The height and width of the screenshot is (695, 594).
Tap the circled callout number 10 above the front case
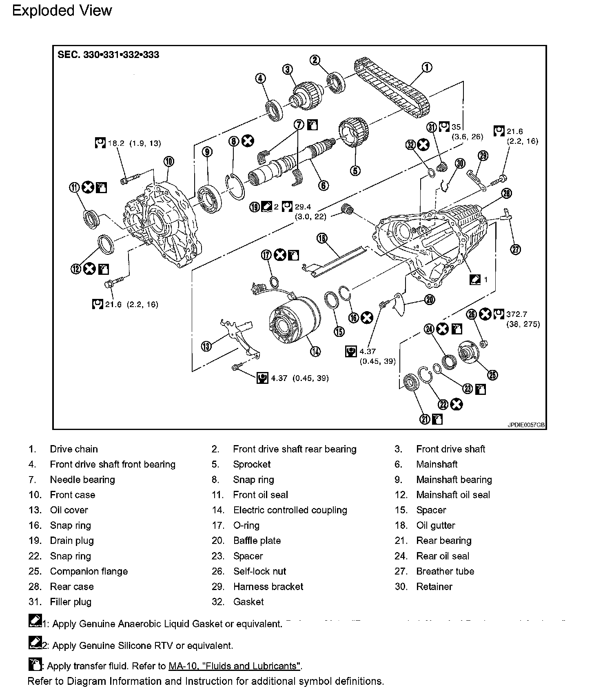pyautogui.click(x=168, y=162)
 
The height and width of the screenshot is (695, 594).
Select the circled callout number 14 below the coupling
pyautogui.click(x=315, y=351)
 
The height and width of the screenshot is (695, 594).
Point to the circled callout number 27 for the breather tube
pyautogui.click(x=516, y=249)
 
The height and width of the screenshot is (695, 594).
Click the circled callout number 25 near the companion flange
pyautogui.click(x=493, y=375)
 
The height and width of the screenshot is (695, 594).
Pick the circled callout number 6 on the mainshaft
pyautogui.click(x=323, y=185)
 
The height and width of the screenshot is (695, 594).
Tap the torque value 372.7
pyautogui.click(x=516, y=314)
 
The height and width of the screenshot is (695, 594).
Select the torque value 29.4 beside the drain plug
pyautogui.click(x=303, y=207)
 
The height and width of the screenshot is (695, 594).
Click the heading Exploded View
pyautogui.click(x=62, y=11)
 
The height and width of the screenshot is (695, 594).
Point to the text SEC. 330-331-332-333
pyautogui.click(x=109, y=55)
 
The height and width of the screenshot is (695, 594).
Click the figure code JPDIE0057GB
pyautogui.click(x=526, y=425)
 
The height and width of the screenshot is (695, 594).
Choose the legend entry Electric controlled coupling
pyautogui.click(x=290, y=510)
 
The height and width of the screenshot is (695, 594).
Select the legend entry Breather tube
pyautogui.click(x=445, y=571)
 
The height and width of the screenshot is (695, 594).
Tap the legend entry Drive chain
pyautogui.click(x=74, y=449)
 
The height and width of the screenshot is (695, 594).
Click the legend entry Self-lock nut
pyautogui.click(x=259, y=571)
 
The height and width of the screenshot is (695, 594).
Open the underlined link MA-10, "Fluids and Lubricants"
pyautogui.click(x=235, y=666)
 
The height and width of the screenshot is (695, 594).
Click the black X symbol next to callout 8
pyautogui.click(x=247, y=141)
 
